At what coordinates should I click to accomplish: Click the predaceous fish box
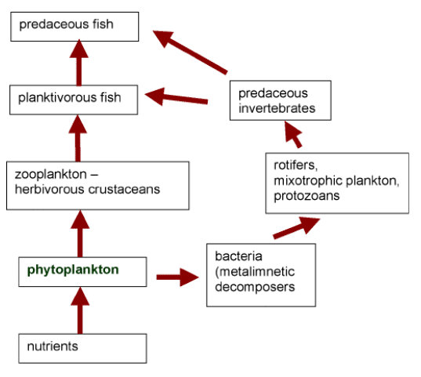click(x=75, y=25)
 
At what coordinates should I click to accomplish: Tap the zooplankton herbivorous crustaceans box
click(x=96, y=185)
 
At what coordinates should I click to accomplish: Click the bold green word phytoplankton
click(x=73, y=270)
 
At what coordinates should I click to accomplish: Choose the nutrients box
click(x=82, y=347)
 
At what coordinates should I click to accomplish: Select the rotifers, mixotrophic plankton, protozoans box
click(x=337, y=183)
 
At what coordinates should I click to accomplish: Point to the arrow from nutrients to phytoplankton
click(x=78, y=310)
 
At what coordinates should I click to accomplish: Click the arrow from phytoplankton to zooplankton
click(x=78, y=231)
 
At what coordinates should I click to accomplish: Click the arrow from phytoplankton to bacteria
click(x=177, y=277)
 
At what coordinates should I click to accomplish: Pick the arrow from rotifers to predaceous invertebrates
click(x=292, y=135)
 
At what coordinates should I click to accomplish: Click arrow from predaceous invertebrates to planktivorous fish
click(x=176, y=97)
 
